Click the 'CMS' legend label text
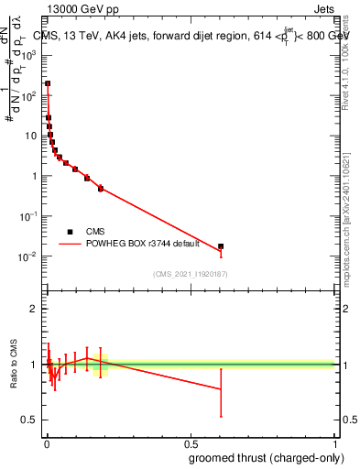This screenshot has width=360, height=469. (96, 232)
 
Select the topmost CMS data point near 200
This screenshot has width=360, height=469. (48, 83)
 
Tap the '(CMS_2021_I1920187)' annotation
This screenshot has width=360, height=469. (191, 274)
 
